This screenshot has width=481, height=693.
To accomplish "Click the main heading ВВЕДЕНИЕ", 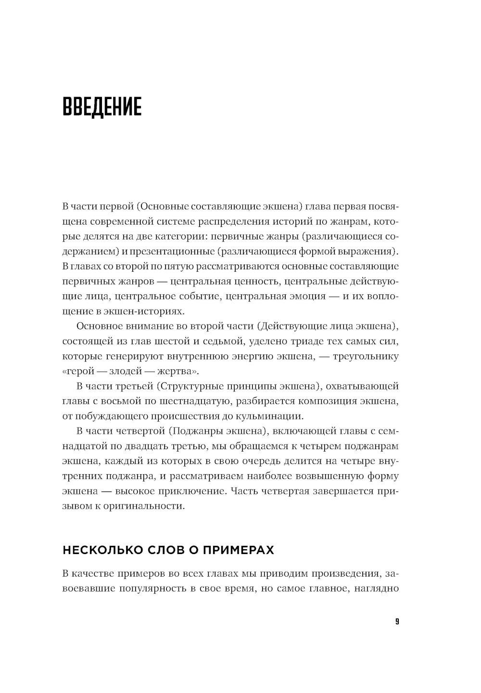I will click(102, 107).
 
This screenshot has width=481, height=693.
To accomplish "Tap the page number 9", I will click(397, 622).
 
